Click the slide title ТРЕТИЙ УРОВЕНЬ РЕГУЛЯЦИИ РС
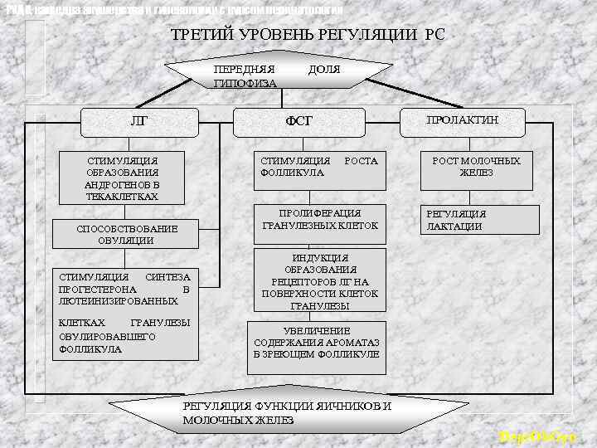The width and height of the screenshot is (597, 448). [x=307, y=36]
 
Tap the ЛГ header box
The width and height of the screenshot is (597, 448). [x=140, y=121]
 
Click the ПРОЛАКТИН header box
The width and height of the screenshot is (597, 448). [x=463, y=120]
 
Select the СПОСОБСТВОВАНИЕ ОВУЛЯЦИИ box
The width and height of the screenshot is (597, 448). [x=127, y=234]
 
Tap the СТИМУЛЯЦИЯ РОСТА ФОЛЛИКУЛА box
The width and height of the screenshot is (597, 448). [x=319, y=167]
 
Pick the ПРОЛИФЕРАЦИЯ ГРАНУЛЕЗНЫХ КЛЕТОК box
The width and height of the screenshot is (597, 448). [x=319, y=219]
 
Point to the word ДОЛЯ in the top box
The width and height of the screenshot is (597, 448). [x=323, y=70]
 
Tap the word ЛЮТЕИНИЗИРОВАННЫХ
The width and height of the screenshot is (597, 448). [x=108, y=300]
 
